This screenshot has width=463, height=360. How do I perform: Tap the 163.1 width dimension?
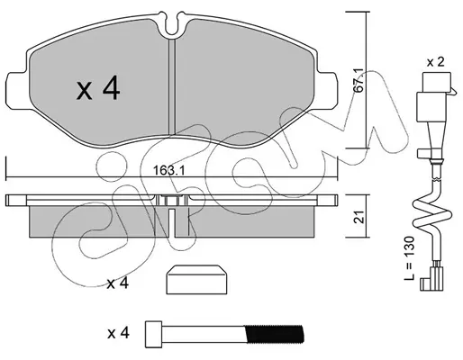tap(168, 171)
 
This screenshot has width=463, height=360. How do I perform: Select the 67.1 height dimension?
tap(359, 80)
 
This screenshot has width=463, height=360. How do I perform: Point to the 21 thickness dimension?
tap(359, 216)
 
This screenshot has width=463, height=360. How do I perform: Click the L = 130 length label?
tap(409, 258)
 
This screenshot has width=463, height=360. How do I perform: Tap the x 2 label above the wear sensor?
tap(435, 62)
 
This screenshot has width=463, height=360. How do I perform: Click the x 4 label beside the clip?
tap(118, 283)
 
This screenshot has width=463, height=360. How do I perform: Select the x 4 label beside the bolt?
tap(118, 333)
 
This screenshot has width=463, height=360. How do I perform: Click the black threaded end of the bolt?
tap(274, 334)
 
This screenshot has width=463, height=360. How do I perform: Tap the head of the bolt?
tap(153, 334)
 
